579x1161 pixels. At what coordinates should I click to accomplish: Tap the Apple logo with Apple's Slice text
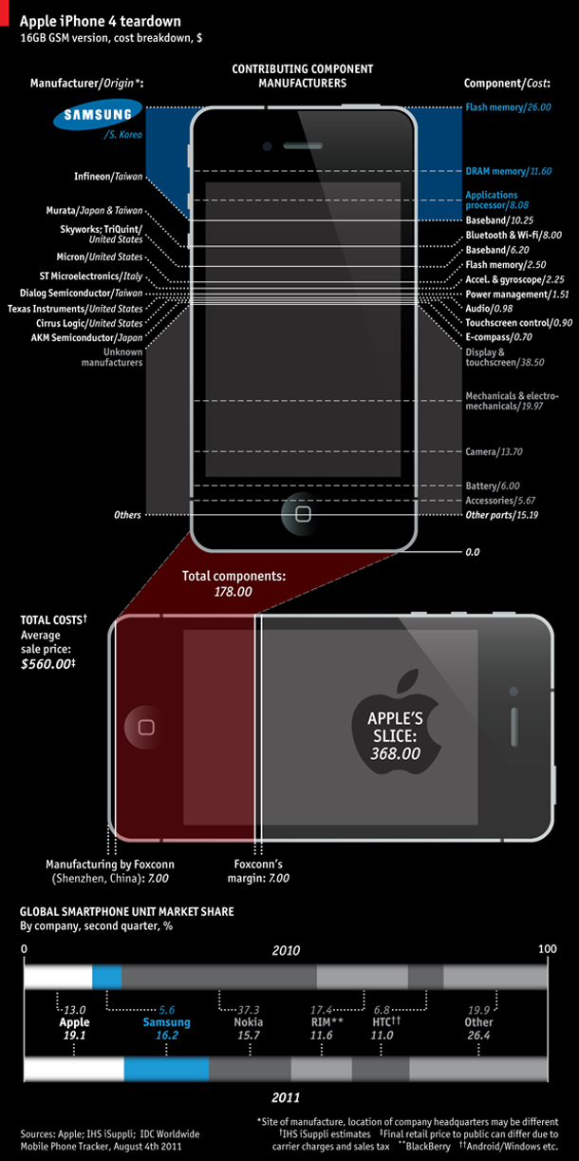(x=395, y=723)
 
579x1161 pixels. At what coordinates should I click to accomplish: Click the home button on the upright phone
(x=303, y=514)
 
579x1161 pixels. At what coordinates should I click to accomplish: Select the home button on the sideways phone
(x=146, y=727)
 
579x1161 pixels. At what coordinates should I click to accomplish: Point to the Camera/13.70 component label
(x=495, y=452)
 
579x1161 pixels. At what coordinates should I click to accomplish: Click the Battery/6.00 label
(x=493, y=486)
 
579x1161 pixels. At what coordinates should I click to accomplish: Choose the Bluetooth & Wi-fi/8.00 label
(x=514, y=236)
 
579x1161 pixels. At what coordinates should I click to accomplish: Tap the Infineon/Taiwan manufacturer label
(x=108, y=177)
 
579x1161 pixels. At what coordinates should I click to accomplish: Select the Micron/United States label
(x=100, y=257)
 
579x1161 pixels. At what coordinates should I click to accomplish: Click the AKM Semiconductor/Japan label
(x=86, y=338)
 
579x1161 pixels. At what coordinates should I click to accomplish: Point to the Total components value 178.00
(x=233, y=592)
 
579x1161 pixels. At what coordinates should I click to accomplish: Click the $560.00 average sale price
(x=47, y=664)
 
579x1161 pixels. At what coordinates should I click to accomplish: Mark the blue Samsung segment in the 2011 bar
(x=166, y=1069)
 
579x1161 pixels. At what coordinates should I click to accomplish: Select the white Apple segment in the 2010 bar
(x=58, y=977)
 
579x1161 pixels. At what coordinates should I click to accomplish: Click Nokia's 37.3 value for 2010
(x=248, y=1010)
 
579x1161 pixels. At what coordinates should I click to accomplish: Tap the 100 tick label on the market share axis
(x=548, y=949)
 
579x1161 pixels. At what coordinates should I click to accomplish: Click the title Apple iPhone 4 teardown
(x=101, y=21)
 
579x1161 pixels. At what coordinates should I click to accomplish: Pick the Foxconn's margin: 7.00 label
(x=258, y=870)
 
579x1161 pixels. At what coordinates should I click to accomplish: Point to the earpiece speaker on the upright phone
(x=303, y=146)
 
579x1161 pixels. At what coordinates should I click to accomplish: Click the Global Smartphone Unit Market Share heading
(x=127, y=912)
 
